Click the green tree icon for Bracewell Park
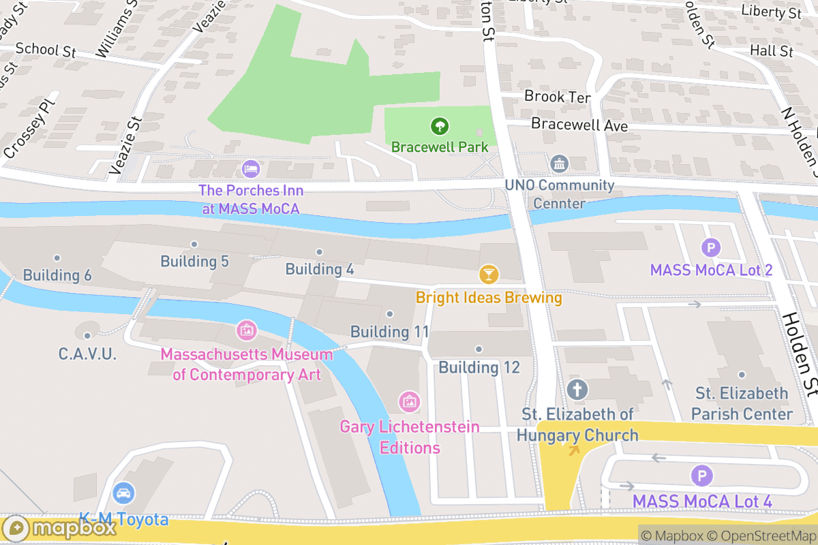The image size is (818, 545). [440, 125]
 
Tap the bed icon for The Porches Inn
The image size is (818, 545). [251, 168]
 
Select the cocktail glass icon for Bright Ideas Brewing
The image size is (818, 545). [489, 275]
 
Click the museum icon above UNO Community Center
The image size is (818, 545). [559, 163]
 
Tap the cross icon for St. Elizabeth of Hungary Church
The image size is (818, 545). [577, 390]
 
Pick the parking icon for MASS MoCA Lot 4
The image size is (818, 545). [701, 476]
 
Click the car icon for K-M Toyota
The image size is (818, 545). [123, 493]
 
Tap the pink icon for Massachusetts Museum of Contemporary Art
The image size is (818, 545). [246, 331]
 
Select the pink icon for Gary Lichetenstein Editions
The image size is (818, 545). [409, 402]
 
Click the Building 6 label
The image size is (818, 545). [57, 275]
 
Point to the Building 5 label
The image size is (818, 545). [194, 261]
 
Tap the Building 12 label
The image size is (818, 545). [479, 367]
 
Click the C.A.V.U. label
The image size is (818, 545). [87, 354]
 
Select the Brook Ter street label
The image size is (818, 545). [557, 97]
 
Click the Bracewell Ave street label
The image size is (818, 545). [579, 125]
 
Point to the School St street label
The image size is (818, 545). [44, 49]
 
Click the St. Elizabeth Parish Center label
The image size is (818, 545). [742, 403]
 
